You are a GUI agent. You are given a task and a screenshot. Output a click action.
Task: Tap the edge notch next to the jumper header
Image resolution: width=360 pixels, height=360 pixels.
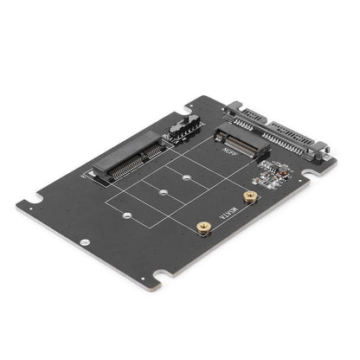(x=190, y=109)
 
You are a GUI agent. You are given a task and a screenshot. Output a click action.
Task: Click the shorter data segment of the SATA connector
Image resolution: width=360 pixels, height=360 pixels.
(x=242, y=113)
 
